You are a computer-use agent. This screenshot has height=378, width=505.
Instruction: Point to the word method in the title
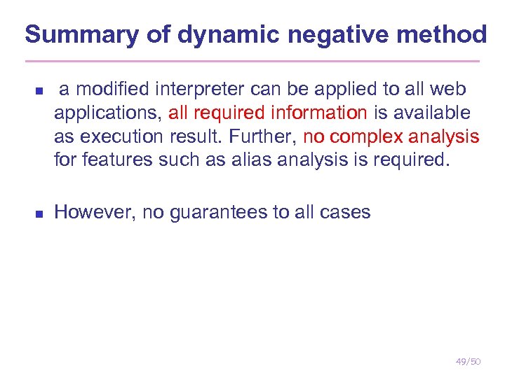[x=450, y=34]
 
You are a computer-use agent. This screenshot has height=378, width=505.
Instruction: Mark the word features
[x=113, y=160]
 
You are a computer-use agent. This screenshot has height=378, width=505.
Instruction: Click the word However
[x=93, y=212]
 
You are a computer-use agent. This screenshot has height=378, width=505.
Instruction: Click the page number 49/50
[x=468, y=362]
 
